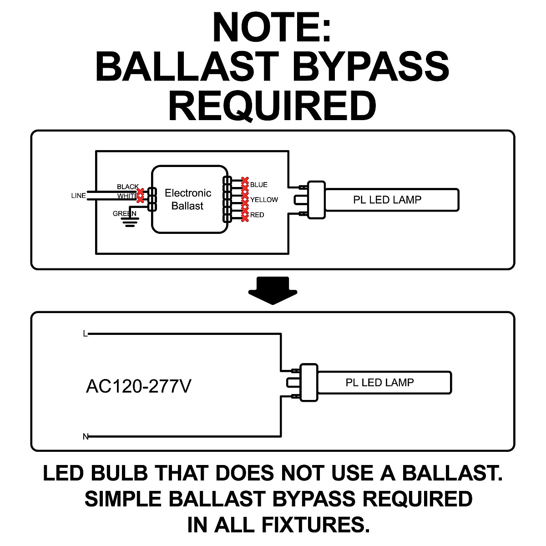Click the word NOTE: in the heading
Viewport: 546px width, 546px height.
(272, 27)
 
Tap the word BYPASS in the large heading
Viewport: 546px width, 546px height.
(371, 66)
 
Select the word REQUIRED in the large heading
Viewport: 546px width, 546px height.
(273, 106)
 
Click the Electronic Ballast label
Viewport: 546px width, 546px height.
(188, 199)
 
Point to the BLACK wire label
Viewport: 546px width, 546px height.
(128, 187)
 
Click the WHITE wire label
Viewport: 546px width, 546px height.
(127, 196)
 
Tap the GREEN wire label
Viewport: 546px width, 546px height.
(124, 214)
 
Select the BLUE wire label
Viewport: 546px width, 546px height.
(259, 185)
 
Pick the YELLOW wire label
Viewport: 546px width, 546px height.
(264, 200)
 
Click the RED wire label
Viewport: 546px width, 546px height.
(257, 215)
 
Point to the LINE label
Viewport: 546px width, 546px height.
(78, 196)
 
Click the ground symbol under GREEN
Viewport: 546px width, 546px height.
(130, 222)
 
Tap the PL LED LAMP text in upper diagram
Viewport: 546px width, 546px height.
(387, 200)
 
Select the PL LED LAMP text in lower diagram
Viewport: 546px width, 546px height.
(379, 383)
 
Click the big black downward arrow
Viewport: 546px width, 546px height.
(273, 290)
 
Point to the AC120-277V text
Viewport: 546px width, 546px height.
(139, 386)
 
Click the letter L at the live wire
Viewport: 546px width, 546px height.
(85, 334)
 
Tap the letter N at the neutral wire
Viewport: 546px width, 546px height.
(86, 437)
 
